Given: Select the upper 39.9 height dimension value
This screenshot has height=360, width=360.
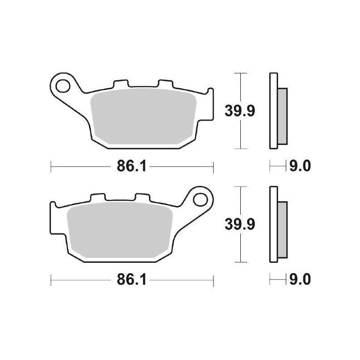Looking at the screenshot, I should coord(240,110).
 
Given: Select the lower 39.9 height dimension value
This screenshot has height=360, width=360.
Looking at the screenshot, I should coord(240,224).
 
